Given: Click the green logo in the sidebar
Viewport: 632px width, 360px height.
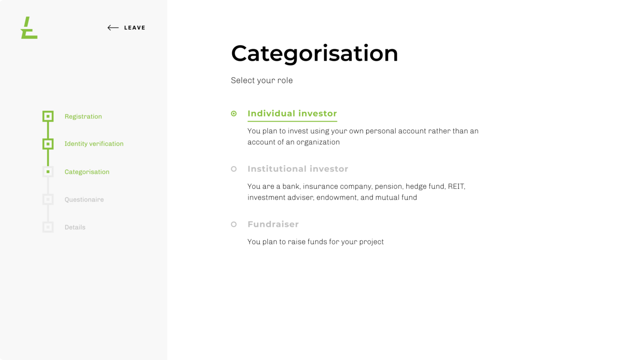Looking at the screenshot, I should pyautogui.click(x=29, y=28).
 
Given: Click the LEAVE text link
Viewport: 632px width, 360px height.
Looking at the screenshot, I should pyautogui.click(x=135, y=28).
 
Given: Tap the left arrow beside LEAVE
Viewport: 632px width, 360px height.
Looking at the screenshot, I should pyautogui.click(x=113, y=28).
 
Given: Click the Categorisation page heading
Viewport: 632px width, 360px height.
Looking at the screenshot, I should pyautogui.click(x=314, y=53).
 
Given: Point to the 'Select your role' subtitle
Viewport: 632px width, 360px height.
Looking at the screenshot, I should pyautogui.click(x=261, y=81).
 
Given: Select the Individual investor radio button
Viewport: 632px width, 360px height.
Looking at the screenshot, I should pyautogui.click(x=234, y=114).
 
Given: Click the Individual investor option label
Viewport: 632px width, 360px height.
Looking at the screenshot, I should pyautogui.click(x=292, y=114).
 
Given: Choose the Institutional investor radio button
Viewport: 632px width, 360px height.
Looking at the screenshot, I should pyautogui.click(x=234, y=169).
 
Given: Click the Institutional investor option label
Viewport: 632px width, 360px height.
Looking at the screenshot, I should pyautogui.click(x=297, y=169).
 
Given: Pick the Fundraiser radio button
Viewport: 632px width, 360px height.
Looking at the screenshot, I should pyautogui.click(x=234, y=224).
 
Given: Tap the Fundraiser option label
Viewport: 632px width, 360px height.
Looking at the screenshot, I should pyautogui.click(x=273, y=224).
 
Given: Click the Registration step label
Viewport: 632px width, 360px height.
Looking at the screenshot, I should pyautogui.click(x=83, y=116).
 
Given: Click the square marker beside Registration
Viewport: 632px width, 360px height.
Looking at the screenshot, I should pyautogui.click(x=48, y=116).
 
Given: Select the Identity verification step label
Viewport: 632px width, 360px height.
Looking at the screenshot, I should pyautogui.click(x=94, y=144).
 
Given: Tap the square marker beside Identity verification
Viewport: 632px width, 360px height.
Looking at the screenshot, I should pyautogui.click(x=48, y=144).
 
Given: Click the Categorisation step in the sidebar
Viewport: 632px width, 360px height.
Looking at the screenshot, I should pyautogui.click(x=87, y=172).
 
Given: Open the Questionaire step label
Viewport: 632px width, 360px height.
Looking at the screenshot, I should pyautogui.click(x=84, y=199).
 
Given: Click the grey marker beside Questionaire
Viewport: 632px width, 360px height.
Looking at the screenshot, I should pyautogui.click(x=48, y=199).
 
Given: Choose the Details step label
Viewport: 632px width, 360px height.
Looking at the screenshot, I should pyautogui.click(x=75, y=227).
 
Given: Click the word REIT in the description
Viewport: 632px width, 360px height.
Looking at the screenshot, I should pyautogui.click(x=456, y=186).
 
